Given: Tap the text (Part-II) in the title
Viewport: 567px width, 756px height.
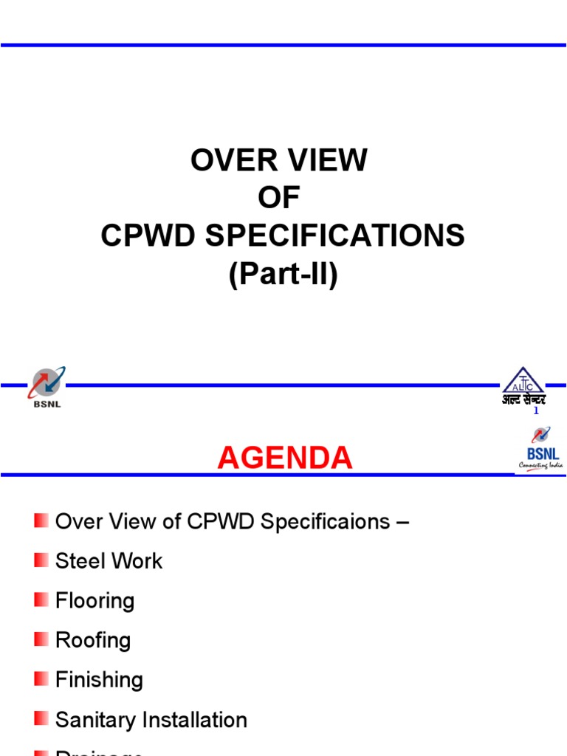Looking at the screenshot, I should click(283, 275).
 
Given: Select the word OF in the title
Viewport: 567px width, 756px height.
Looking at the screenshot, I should click(279, 198).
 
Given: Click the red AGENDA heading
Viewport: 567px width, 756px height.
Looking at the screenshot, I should click(284, 458).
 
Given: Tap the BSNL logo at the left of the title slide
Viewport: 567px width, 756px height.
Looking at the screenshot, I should click(46, 388).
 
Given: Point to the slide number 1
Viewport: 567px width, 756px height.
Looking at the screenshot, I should click(536, 411).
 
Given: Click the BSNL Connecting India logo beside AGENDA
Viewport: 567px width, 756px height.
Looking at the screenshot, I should click(540, 450).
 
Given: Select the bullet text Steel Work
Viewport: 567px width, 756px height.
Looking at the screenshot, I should click(109, 561).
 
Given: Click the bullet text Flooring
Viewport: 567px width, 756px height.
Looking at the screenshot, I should click(94, 601).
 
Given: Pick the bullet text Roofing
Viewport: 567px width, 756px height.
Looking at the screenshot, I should click(93, 640).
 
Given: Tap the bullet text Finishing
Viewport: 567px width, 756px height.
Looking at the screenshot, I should click(99, 680).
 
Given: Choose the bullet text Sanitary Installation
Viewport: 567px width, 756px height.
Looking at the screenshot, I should click(151, 720).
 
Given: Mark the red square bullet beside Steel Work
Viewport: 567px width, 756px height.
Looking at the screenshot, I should click(41, 560).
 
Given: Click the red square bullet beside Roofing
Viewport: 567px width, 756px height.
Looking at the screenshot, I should click(41, 639).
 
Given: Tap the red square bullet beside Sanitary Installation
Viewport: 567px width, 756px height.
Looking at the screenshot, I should click(41, 718).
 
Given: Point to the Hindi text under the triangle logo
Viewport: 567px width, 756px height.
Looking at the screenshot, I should click(523, 400).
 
